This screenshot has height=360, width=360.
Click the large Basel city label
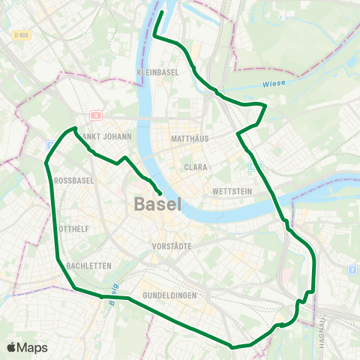pos(158,203)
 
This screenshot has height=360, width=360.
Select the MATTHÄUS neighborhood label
pos(189,139)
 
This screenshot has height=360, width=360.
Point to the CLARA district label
pos(196,167)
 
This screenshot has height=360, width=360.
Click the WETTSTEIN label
pos(231,191)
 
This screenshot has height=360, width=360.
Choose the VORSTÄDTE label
pos(172,246)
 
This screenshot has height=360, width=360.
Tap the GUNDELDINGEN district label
pos(170,295)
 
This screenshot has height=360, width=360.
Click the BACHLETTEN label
pos(88,265)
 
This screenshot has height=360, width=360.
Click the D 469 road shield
pos(21,34)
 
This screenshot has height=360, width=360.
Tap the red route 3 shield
pos(96,115)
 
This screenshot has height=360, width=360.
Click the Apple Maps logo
pos(27,347)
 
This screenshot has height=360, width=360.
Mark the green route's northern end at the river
pos(163,12)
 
